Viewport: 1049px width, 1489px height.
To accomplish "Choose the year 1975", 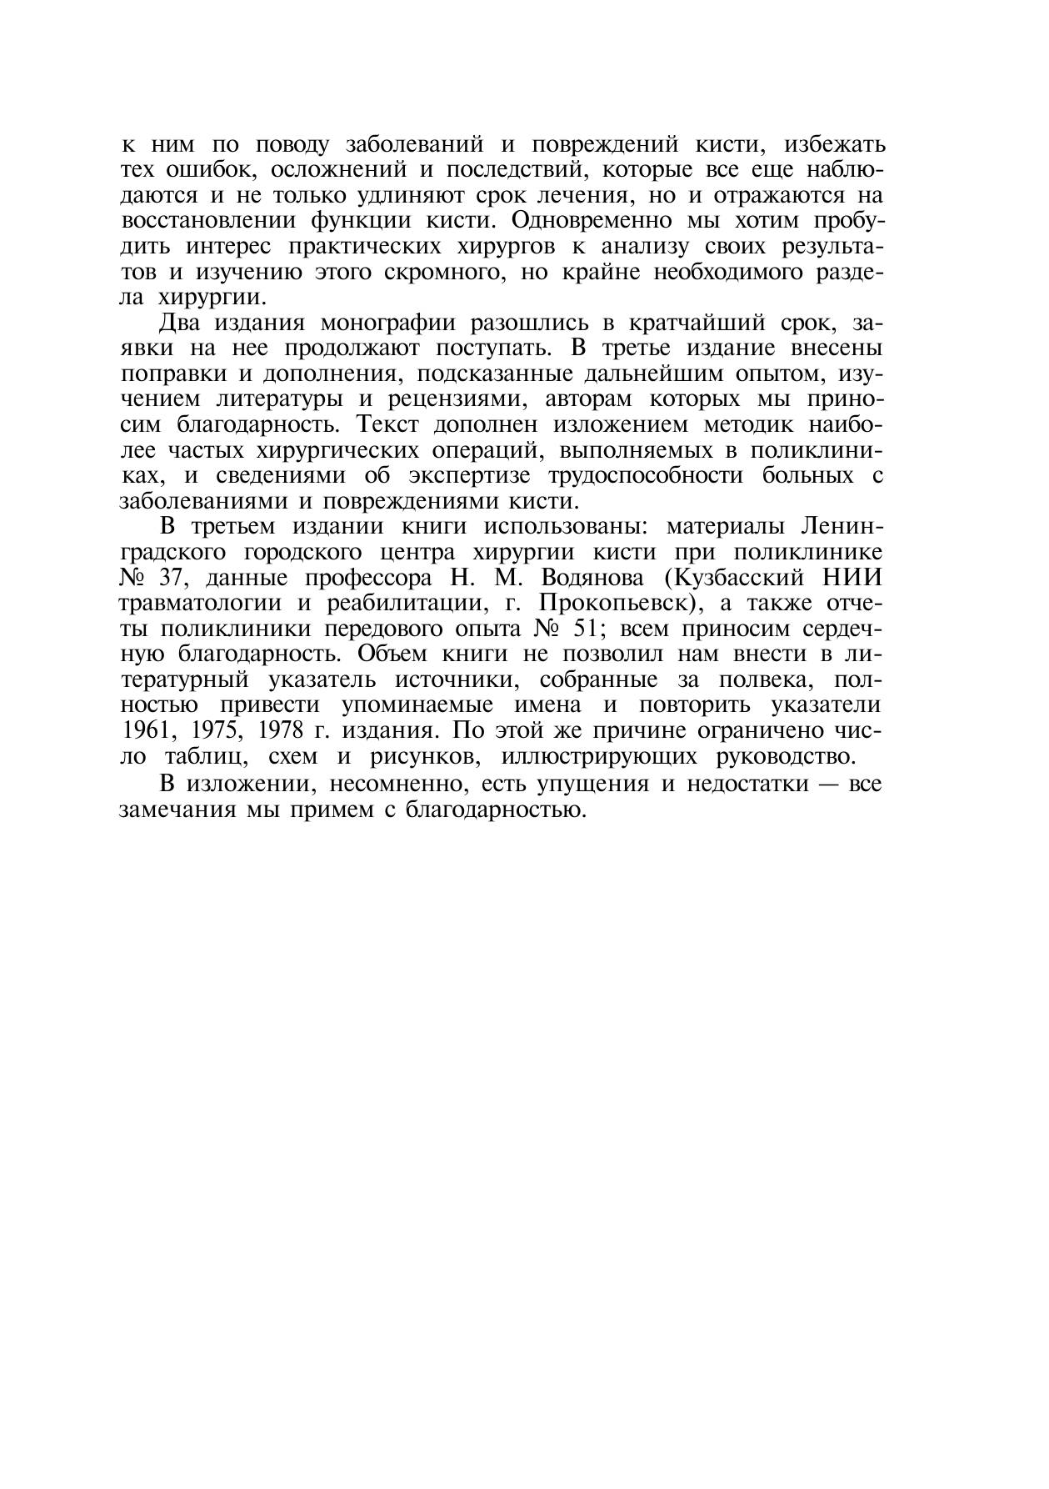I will (217, 730).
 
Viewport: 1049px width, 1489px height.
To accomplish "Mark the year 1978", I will (286, 730).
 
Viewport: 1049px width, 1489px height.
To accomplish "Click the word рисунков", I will (426, 756).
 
